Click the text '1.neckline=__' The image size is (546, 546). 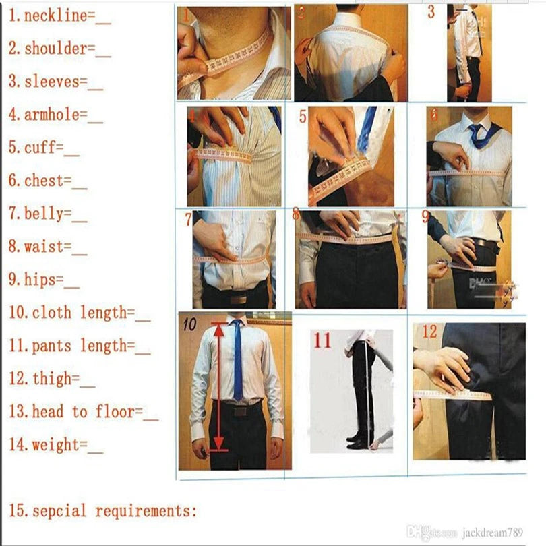click(x=59, y=16)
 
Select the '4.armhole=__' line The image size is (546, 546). click(x=56, y=115)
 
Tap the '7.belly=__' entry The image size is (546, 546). click(x=48, y=214)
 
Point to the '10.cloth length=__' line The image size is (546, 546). click(x=80, y=313)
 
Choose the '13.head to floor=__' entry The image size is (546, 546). click(x=84, y=412)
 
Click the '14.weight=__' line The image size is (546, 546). click(x=56, y=445)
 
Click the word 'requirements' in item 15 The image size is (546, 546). click(x=146, y=511)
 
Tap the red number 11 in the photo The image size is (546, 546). click(x=322, y=340)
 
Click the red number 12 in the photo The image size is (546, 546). click(x=429, y=332)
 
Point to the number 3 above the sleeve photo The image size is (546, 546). click(x=431, y=12)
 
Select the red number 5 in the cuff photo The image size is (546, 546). click(x=303, y=117)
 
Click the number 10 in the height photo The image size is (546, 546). click(x=189, y=325)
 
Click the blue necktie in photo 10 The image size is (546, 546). click(x=237, y=361)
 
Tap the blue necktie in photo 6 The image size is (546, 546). click(x=479, y=133)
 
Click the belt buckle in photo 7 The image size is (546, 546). click(x=240, y=297)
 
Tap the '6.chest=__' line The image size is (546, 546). click(x=48, y=181)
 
